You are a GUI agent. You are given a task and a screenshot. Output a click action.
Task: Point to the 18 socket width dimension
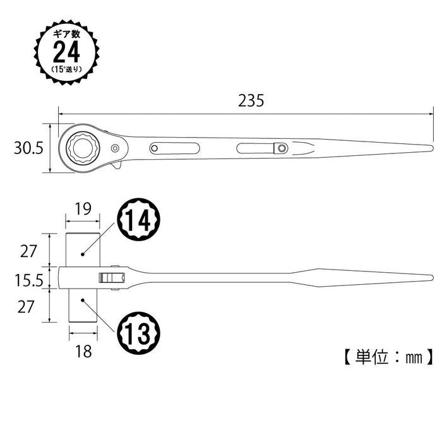[82, 351]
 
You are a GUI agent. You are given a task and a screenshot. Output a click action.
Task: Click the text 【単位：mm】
[389, 357]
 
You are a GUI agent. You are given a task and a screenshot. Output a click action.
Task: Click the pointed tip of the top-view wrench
[431, 148]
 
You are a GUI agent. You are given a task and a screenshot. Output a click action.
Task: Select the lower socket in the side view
[82, 308]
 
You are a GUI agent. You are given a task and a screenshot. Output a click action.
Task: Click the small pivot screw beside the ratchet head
[115, 148]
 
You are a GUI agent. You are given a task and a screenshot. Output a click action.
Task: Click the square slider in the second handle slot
[280, 148]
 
